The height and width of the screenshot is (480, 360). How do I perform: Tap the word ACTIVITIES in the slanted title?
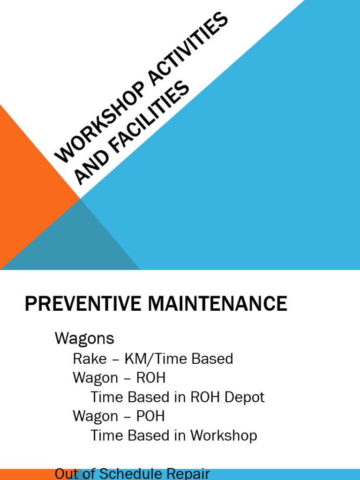pos(187,52)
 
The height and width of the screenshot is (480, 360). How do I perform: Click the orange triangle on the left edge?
pos(28,187)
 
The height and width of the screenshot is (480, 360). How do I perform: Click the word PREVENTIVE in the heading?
pos(84,304)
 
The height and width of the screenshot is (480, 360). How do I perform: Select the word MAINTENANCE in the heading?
pos(217,304)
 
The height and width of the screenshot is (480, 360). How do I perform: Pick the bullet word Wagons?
pos(84,338)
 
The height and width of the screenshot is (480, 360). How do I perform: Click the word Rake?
pos(89,359)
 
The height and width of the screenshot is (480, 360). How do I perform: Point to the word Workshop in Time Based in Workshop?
pos(224,435)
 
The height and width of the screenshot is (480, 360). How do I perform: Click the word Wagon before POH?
pos(96,416)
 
